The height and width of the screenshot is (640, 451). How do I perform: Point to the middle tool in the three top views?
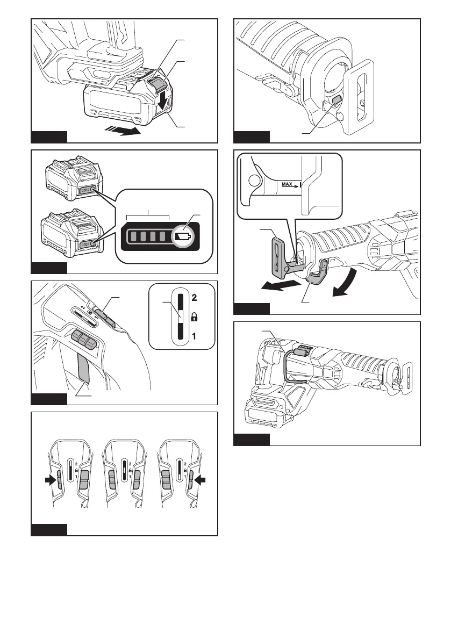coord(124,473)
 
